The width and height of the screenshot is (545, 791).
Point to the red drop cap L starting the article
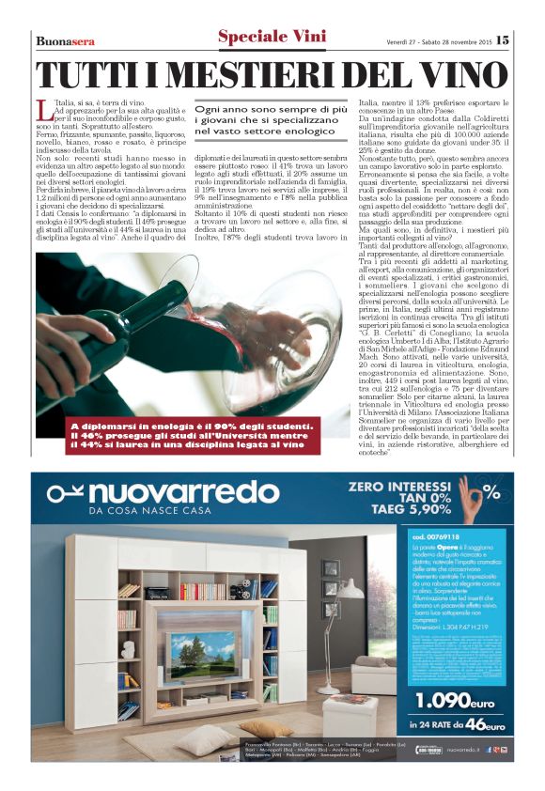coord(44,111)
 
